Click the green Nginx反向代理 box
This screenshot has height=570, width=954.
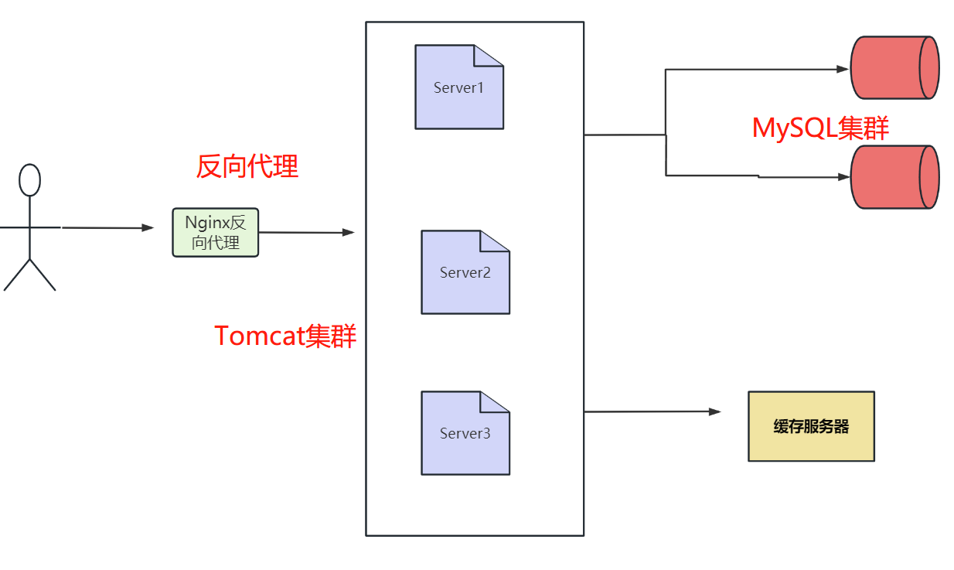pos(215,232)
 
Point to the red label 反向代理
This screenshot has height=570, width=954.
pos(247,166)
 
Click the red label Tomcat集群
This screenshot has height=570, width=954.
pos(285,336)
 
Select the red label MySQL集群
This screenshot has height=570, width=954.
pos(820,128)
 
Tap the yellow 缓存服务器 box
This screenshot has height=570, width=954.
pos(811,426)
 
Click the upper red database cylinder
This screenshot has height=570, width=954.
pos(894,67)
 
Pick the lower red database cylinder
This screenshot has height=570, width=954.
pos(894,177)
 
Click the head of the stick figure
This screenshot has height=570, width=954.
pos(29,180)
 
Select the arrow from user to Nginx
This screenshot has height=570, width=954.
pos(108,227)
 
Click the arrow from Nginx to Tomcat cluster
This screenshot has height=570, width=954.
pos(305,232)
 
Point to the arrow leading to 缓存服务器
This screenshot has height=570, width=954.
pos(649,412)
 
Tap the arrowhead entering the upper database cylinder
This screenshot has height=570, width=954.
pos(843,69)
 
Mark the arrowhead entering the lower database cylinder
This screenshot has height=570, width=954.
pos(843,177)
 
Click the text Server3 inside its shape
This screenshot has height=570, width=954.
pos(465,434)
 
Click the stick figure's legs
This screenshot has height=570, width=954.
pos(29,275)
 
